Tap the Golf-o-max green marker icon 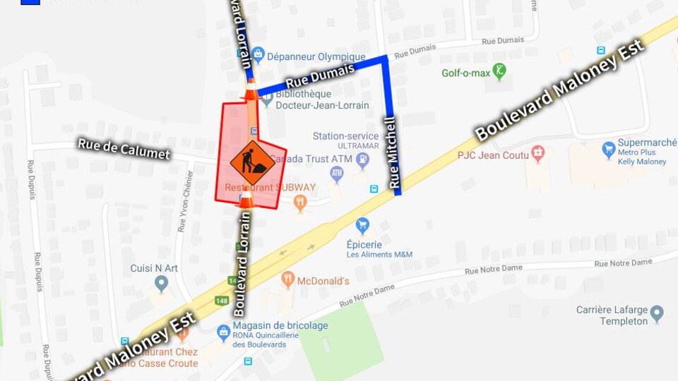point(500,71)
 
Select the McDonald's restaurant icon point(287,279)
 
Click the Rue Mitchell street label point(391,152)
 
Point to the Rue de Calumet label point(124,149)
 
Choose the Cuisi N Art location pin point(161,284)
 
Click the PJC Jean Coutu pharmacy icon point(538,154)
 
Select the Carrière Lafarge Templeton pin point(657,313)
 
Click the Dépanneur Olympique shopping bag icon point(258,54)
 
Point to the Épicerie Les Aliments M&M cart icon point(362,226)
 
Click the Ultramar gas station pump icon point(363,159)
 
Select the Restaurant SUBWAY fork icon point(301,204)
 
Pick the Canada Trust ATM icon point(337,173)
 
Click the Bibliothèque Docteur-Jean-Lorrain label point(322,99)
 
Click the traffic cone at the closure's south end point(245,198)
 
